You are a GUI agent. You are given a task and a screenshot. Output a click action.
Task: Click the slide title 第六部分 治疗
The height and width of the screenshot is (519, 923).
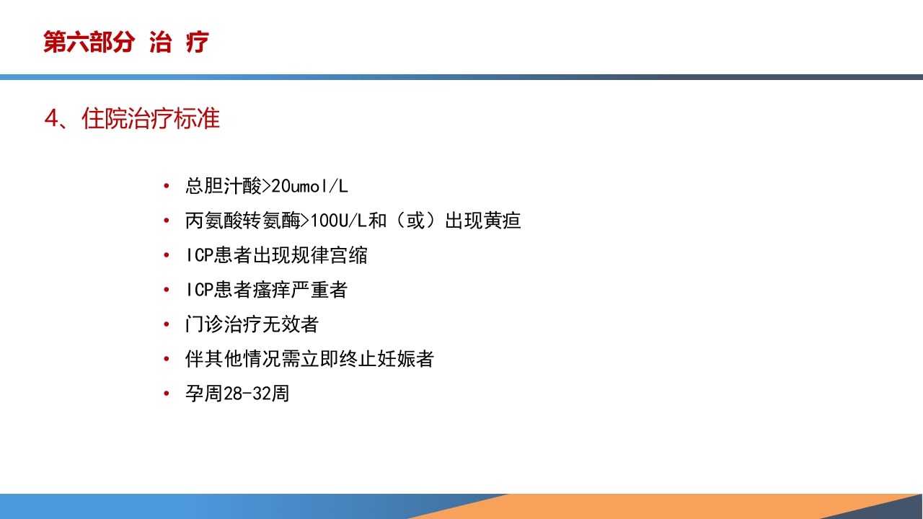tap(125, 43)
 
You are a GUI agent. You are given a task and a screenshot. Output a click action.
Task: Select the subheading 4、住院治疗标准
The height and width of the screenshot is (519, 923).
tap(132, 118)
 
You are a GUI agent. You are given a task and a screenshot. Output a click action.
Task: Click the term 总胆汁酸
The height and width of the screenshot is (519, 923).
tap(223, 187)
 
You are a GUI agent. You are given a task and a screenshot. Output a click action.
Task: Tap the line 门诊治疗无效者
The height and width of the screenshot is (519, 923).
tap(252, 324)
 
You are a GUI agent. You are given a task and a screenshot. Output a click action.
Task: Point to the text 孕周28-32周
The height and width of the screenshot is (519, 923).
tap(237, 394)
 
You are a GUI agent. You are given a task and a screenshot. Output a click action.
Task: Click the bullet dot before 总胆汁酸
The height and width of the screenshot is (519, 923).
tap(167, 187)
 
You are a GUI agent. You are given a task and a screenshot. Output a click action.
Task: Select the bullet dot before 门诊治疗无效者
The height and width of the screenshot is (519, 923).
tap(167, 324)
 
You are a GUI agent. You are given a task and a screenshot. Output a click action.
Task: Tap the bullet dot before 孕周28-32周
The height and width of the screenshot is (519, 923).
tap(167, 394)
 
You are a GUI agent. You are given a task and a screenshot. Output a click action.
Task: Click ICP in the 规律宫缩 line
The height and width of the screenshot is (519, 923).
tap(200, 255)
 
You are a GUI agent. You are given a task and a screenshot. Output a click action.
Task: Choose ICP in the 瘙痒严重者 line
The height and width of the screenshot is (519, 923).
tap(200, 290)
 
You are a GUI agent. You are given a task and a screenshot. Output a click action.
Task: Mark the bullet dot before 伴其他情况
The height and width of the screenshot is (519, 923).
tap(167, 359)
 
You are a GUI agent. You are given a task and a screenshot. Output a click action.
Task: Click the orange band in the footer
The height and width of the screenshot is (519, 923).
tap(649, 506)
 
